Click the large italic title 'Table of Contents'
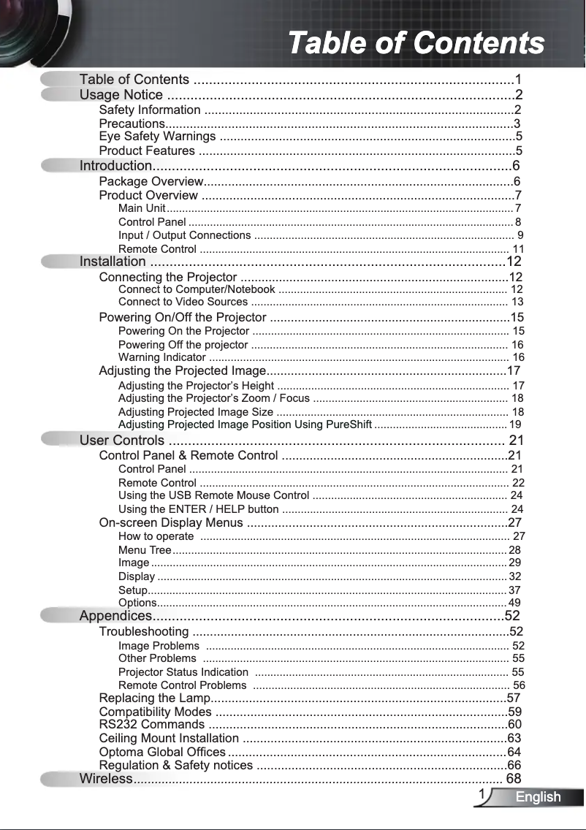[416, 42]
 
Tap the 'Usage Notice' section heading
[121, 95]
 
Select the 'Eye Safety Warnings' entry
[157, 137]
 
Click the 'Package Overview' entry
[151, 181]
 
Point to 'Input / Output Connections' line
[184, 235]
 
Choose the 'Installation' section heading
[113, 262]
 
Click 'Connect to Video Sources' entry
[183, 302]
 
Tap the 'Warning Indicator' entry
[161, 357]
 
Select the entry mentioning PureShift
[245, 424]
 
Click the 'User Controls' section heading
[122, 441]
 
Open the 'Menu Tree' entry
[145, 550]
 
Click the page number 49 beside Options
[514, 603]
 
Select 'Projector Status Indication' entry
[183, 672]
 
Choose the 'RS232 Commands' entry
[151, 725]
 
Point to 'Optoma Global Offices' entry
[161, 752]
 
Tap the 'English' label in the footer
[538, 797]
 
